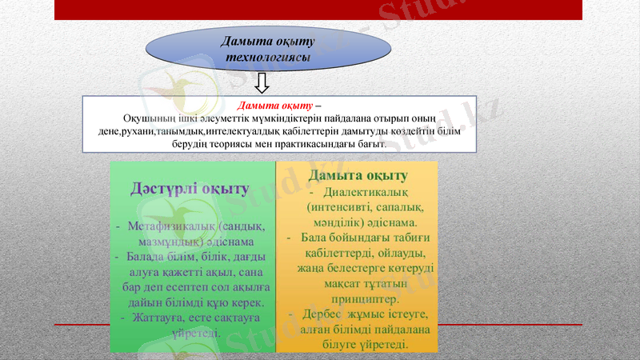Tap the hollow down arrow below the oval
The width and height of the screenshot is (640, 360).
tap(262, 82)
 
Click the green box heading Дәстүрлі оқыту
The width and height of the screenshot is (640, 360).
tap(189, 189)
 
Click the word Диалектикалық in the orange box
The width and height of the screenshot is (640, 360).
tap(367, 192)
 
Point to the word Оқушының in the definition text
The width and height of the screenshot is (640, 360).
tap(148, 118)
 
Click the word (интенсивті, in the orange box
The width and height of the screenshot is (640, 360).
tap(342, 207)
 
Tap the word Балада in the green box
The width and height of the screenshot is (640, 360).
tap(145, 257)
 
